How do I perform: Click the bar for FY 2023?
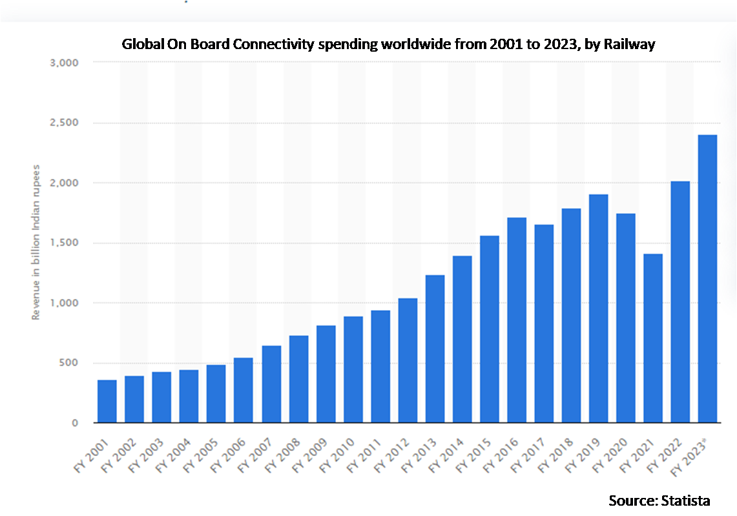[707, 278]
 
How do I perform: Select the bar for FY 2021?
[653, 338]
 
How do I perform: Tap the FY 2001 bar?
[107, 401]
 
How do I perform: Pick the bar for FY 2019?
[598, 309]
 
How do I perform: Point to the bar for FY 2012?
[408, 360]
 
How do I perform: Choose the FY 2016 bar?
[517, 320]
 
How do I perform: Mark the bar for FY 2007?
[271, 384]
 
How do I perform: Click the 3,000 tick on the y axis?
[65, 63]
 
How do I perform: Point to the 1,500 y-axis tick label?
[65, 243]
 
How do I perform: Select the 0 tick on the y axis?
[75, 423]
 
